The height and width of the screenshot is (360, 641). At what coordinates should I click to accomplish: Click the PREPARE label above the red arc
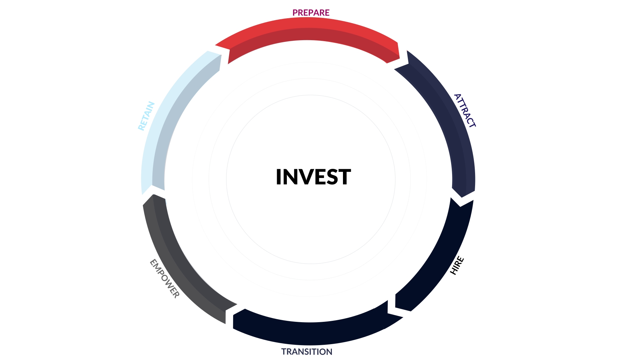click(311, 12)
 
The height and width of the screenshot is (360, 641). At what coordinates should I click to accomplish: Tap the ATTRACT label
click(465, 111)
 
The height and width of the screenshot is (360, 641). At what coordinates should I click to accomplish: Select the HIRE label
click(457, 265)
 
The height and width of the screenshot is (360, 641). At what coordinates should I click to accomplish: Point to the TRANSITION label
click(307, 352)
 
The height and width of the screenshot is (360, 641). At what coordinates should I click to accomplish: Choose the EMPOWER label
click(165, 279)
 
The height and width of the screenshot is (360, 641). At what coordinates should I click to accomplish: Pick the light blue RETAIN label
click(146, 116)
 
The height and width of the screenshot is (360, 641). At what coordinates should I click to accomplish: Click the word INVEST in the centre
click(313, 177)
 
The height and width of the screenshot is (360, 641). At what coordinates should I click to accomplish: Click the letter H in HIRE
click(454, 271)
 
